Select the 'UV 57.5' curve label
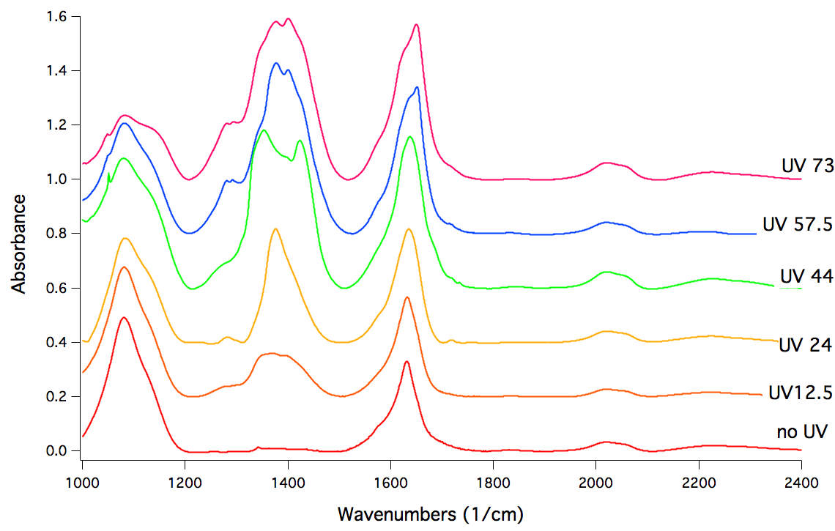[797, 225]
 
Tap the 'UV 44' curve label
[805, 277]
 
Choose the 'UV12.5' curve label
[800, 393]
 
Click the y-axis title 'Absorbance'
[19, 243]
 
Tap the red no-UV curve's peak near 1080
[124, 317]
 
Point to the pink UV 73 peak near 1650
[416, 25]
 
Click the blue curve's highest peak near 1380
[276, 63]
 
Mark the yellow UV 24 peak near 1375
[275, 229]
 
